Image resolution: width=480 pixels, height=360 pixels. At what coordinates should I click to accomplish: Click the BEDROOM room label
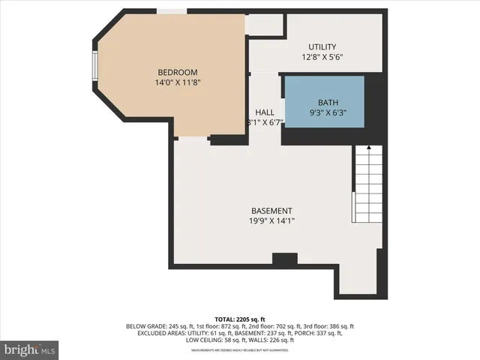[x=177, y=72]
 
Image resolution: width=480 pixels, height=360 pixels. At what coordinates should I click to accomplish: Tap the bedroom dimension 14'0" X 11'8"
[x=177, y=82]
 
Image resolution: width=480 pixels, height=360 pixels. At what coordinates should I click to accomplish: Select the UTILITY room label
[x=322, y=46]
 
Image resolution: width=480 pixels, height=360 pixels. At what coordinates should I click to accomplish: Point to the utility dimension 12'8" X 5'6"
[x=322, y=57]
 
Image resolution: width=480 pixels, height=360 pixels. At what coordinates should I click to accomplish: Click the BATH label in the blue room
[x=328, y=102]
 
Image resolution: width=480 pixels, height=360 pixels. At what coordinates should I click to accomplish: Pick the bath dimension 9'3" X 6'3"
[x=328, y=112]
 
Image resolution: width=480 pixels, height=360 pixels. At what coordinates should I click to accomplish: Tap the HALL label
[x=264, y=112]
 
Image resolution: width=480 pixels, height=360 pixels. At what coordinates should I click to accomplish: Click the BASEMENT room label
[x=271, y=211]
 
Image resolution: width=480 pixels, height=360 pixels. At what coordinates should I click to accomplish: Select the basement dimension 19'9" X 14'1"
[x=271, y=221]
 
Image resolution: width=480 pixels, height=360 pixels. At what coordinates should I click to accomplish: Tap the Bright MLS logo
[x=30, y=349]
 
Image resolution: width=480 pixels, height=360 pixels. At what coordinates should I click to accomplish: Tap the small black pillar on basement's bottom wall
[x=284, y=259]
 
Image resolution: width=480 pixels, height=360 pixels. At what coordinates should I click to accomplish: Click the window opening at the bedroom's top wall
[x=172, y=11]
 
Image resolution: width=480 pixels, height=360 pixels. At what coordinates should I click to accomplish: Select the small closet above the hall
[x=265, y=24]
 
